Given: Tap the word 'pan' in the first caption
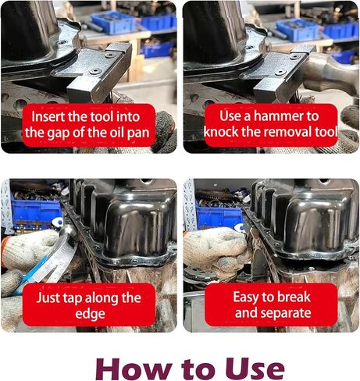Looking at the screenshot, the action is [138, 134].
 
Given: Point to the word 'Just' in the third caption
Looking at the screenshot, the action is [46, 297].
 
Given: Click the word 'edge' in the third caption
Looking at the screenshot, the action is [90, 314].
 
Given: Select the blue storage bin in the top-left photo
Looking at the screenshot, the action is [113, 22].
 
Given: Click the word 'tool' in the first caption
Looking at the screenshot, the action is [103, 116].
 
